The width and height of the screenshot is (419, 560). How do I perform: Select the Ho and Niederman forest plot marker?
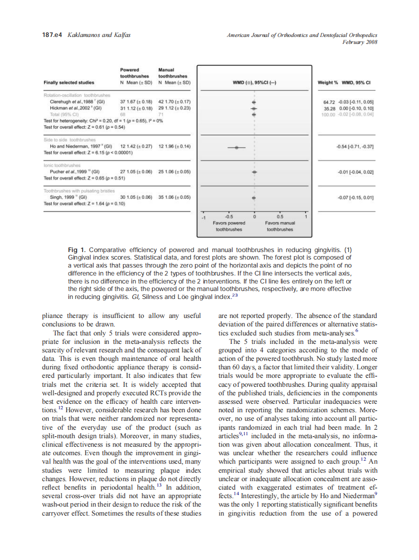tap(237, 147)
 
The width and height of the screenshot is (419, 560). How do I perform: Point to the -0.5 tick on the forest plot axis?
tap(229, 217)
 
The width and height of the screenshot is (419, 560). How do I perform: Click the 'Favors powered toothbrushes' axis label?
tap(229, 226)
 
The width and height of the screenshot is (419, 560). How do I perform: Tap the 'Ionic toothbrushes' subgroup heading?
tap(62, 165)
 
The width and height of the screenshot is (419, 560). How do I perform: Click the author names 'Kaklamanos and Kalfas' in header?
tap(97, 35)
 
